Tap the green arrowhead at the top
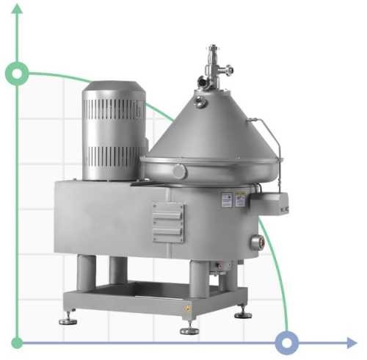(16, 9)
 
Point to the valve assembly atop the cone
(214, 66)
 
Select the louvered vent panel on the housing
(167, 220)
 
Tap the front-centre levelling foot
(189, 328)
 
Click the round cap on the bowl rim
(180, 170)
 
